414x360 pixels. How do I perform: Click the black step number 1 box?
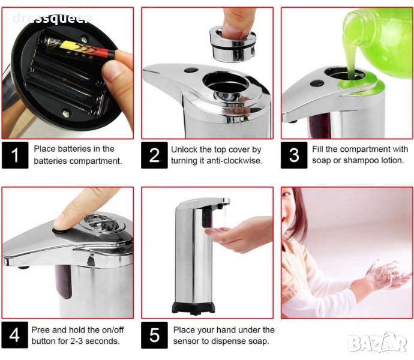tap(15, 155)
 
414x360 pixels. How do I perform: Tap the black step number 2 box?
tap(154, 155)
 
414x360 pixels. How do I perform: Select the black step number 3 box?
tap(294, 155)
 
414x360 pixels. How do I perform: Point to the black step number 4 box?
tap(15, 335)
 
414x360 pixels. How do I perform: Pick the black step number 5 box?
tap(154, 335)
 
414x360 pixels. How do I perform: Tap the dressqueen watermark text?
tap(52, 18)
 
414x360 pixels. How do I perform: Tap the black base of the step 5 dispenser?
tap(193, 308)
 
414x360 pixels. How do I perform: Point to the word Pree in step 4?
tap(40, 330)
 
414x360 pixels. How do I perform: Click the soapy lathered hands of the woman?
tap(387, 275)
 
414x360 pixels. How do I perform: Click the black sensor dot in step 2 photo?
tap(191, 71)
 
